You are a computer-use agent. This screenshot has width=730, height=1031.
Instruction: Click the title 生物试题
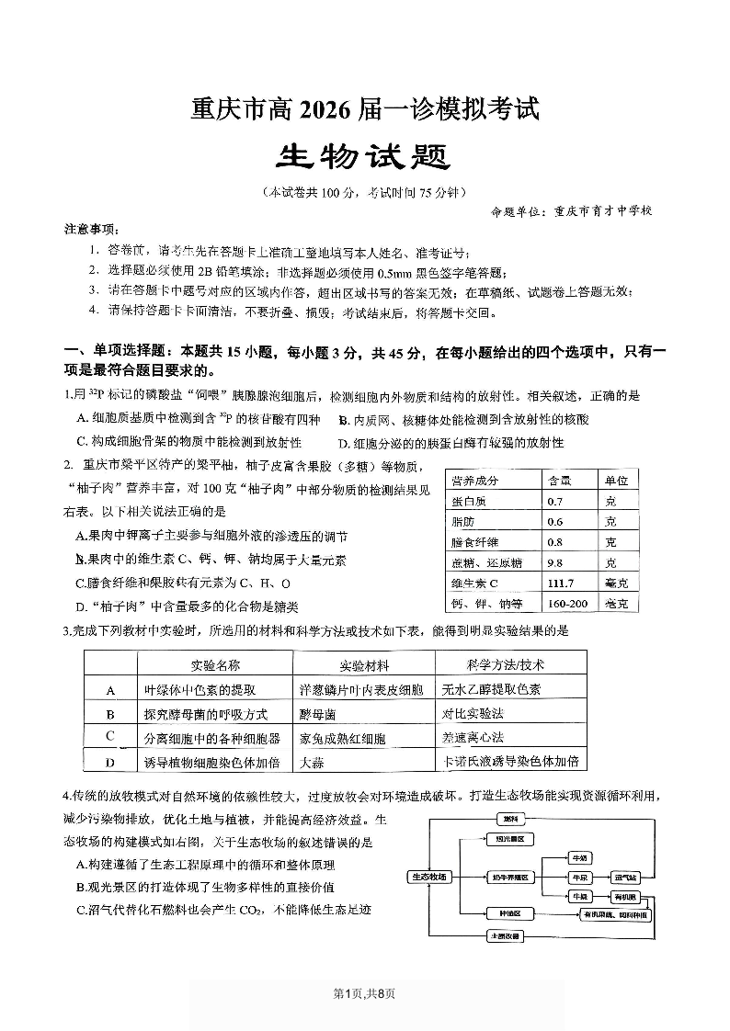(364, 157)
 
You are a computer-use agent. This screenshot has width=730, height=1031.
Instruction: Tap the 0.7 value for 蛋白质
(554, 502)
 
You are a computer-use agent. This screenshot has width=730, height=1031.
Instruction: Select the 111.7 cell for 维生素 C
(560, 583)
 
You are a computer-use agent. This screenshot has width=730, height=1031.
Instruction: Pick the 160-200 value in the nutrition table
(565, 604)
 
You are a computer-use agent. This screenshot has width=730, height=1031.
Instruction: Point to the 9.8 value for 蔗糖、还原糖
(554, 563)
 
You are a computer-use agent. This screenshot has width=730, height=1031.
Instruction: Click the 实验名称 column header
(215, 665)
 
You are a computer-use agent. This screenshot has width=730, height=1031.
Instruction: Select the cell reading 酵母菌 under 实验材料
(318, 713)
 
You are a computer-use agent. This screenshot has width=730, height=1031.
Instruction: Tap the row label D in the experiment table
(110, 762)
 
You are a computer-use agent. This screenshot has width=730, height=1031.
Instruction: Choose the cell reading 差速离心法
(473, 738)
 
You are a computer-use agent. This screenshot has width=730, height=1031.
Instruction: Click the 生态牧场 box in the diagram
(429, 877)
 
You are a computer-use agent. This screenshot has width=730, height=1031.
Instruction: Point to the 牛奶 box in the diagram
(579, 857)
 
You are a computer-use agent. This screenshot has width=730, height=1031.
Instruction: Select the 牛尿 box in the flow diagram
(579, 878)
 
